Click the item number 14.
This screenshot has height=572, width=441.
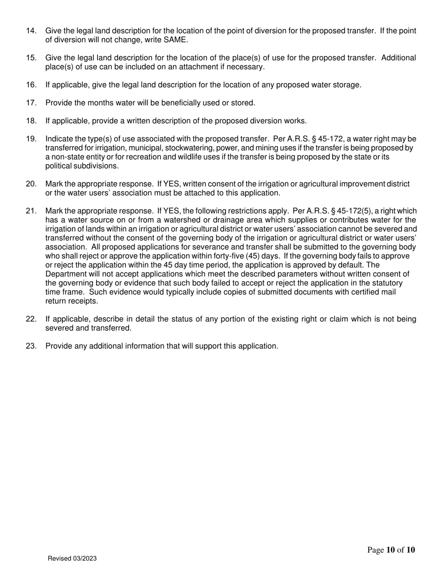click(x=31, y=31)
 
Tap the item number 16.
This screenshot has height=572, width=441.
click(x=31, y=85)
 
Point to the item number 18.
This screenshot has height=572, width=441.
click(x=31, y=121)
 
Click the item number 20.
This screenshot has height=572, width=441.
click(x=31, y=184)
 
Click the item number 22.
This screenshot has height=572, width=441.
click(x=31, y=319)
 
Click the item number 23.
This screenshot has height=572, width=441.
click(x=31, y=346)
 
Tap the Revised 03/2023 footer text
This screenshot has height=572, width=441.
click(x=72, y=559)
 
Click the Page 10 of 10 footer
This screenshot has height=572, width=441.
click(x=391, y=551)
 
